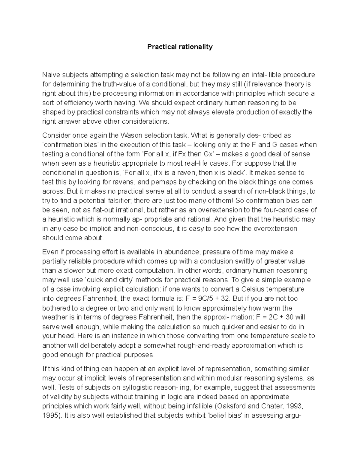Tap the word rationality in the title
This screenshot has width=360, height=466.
[195, 47]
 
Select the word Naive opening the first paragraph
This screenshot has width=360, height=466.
[51, 74]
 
